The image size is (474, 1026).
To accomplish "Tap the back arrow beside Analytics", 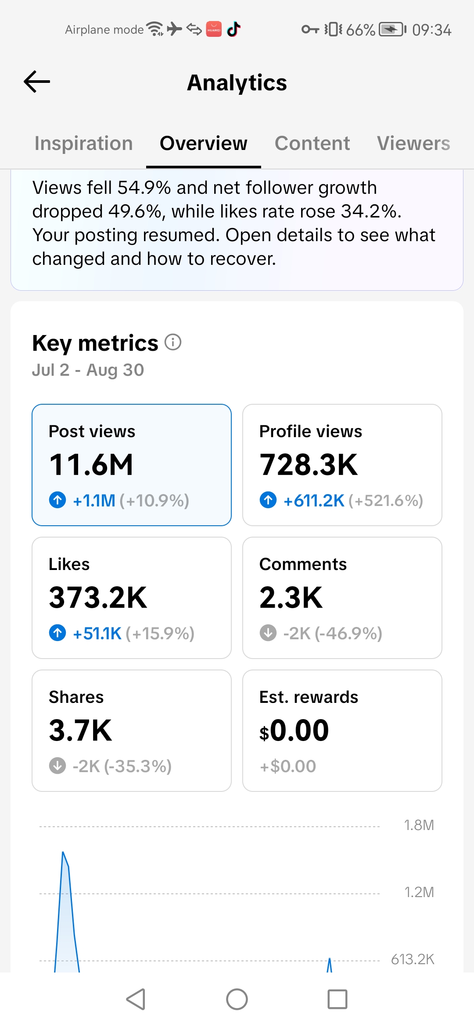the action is [x=37, y=82].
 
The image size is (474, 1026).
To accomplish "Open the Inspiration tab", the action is [x=83, y=143].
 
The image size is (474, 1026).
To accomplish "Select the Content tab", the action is [x=312, y=143].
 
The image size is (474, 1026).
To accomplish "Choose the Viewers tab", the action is [x=413, y=143].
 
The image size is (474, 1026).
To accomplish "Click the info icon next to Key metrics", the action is [x=173, y=342].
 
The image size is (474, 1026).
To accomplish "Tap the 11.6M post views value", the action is [x=91, y=465].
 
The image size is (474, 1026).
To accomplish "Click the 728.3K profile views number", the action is [x=309, y=465].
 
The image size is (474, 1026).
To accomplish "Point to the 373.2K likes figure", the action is [x=98, y=598].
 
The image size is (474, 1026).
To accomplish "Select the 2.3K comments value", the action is [x=291, y=598].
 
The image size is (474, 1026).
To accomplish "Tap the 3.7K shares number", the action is [x=80, y=730].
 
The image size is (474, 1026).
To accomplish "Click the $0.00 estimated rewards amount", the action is [x=294, y=730].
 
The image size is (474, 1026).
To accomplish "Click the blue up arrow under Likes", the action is [x=57, y=633].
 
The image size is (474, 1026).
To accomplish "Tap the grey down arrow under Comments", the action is [x=268, y=633].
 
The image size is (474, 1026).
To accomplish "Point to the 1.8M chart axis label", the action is [x=419, y=825].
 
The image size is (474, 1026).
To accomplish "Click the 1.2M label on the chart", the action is [x=419, y=892].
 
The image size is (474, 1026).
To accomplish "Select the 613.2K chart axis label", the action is [x=413, y=959].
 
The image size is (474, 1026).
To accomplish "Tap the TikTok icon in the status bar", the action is [x=233, y=29].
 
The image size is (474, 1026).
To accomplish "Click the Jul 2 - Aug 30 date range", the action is [x=88, y=370].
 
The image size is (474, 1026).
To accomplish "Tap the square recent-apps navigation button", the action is [x=338, y=999].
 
